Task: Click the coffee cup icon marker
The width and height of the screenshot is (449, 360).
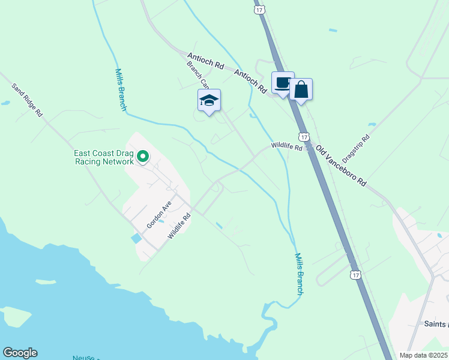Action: click(283, 83)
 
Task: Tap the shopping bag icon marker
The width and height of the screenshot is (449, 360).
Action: click(301, 90)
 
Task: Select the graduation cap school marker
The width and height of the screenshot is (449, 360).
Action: click(209, 100)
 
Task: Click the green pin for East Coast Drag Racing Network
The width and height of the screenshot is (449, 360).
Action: click(143, 157)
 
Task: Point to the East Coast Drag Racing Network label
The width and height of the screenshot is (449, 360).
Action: click(103, 157)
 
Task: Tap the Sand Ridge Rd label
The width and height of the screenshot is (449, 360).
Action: click(28, 99)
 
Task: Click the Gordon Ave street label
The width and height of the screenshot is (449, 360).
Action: click(158, 214)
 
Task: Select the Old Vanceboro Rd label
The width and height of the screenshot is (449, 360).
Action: click(340, 166)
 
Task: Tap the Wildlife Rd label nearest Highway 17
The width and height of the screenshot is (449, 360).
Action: click(286, 146)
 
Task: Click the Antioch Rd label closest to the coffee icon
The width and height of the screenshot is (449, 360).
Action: click(250, 81)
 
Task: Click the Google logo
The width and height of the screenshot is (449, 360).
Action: click(20, 353)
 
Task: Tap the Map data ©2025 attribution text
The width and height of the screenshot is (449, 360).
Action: click(423, 355)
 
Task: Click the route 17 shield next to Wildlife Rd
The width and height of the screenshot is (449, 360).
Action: click(304, 137)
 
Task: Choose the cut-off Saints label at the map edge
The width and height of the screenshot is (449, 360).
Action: click(435, 324)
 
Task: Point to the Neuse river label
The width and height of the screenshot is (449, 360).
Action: click(83, 358)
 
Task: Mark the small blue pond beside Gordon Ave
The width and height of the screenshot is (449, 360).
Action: click(136, 238)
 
